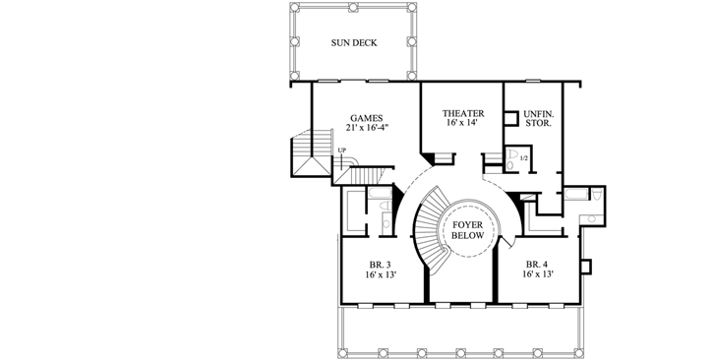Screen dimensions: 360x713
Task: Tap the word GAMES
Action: point(365,118)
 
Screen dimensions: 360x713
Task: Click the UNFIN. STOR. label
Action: point(537,120)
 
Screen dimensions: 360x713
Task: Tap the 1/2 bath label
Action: point(523,158)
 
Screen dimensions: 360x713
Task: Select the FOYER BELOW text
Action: point(466,232)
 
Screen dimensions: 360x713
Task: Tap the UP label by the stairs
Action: point(343,150)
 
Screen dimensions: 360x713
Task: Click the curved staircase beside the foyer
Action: point(429,231)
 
